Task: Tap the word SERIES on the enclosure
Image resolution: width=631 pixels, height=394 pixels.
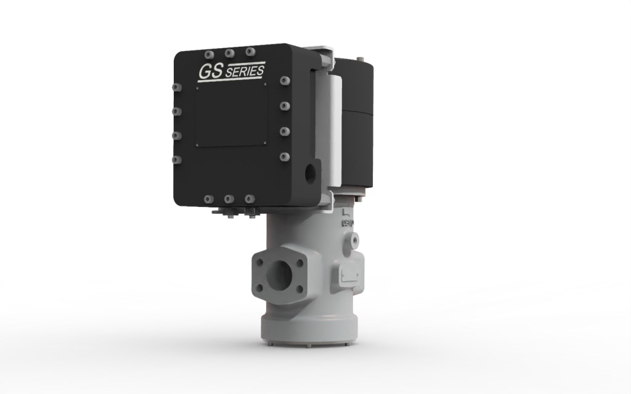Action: click(245, 72)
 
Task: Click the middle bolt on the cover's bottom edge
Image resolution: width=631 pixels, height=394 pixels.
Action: click(229, 199)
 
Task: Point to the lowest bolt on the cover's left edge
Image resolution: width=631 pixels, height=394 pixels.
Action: click(176, 160)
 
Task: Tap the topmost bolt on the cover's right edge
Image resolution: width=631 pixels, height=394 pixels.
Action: click(284, 81)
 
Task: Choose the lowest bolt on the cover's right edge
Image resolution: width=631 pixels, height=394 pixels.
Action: click(284, 155)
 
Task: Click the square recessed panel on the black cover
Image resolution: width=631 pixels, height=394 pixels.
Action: click(232, 115)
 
